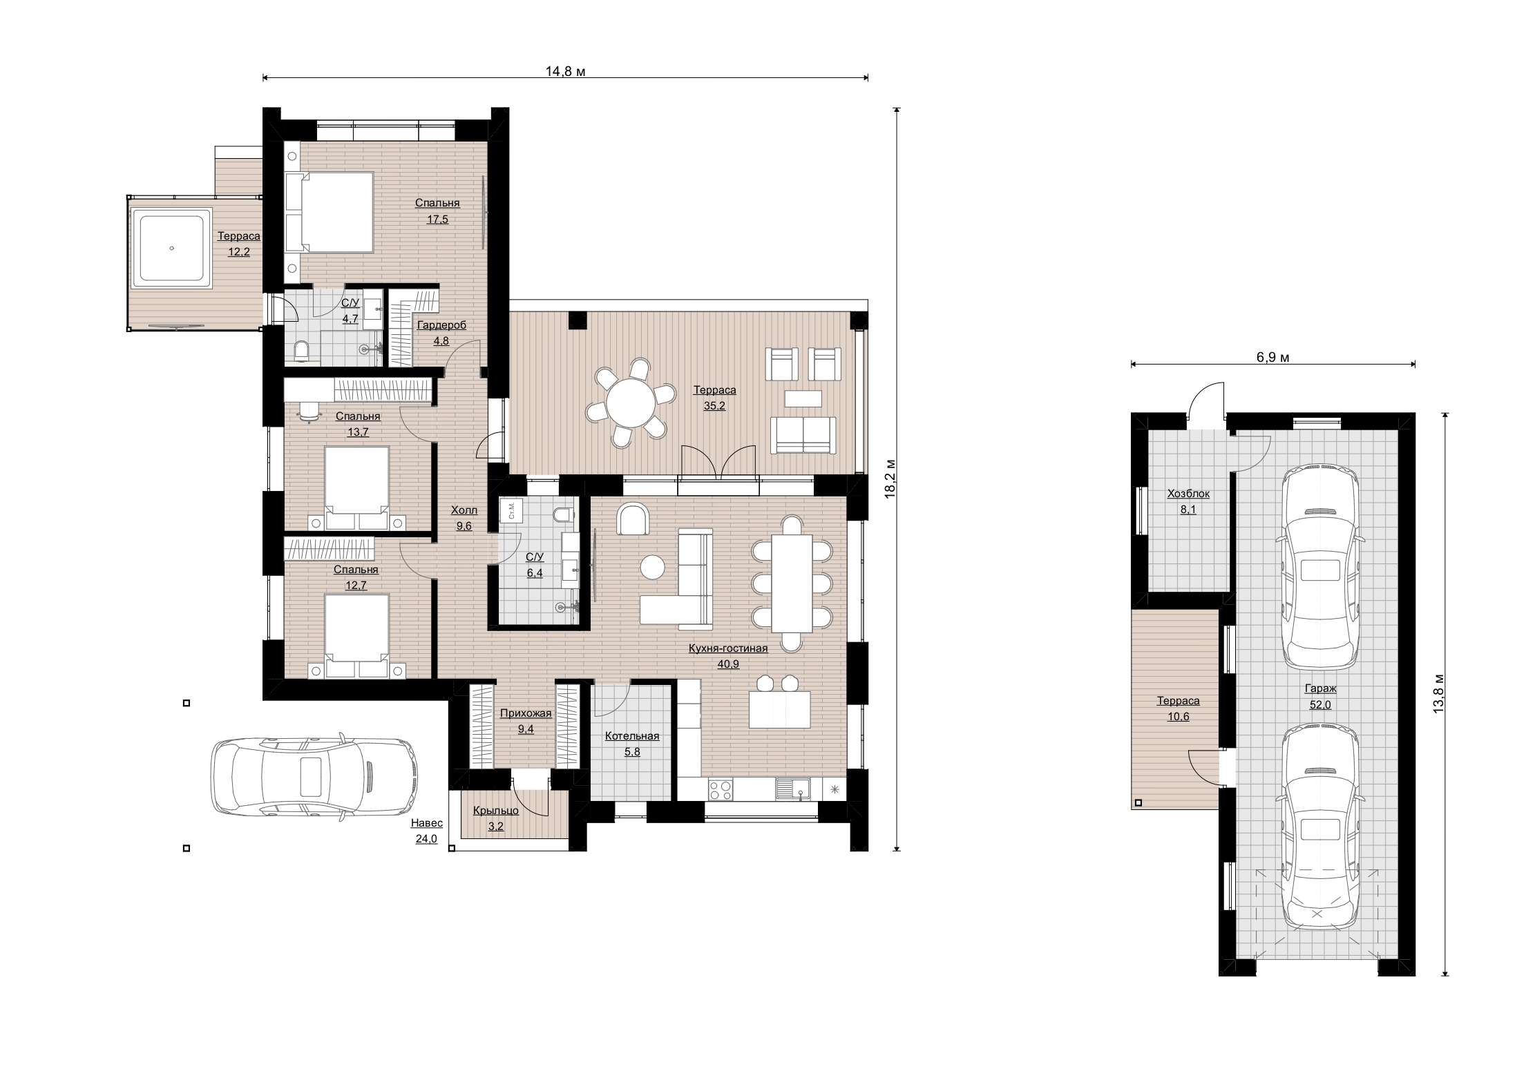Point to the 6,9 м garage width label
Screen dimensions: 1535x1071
1272,357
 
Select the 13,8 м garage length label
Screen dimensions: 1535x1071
1438,693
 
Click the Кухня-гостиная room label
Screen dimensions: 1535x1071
728,648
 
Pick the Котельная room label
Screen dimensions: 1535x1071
632,736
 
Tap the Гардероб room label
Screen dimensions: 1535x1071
441,325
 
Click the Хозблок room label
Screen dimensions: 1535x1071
1188,494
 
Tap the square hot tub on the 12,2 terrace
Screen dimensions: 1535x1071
171,249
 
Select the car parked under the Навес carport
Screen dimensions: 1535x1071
314,775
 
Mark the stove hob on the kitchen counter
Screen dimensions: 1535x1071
721,789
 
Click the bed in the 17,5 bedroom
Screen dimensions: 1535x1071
330,212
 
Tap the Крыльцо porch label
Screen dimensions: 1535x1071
496,811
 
